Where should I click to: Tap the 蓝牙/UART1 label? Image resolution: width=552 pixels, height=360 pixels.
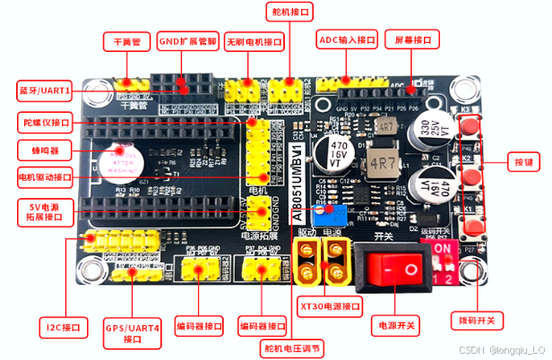tap(46, 90)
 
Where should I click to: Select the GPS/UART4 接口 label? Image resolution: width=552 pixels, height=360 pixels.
tap(131, 332)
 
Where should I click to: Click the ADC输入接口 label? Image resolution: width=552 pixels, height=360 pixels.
tap(347, 40)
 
